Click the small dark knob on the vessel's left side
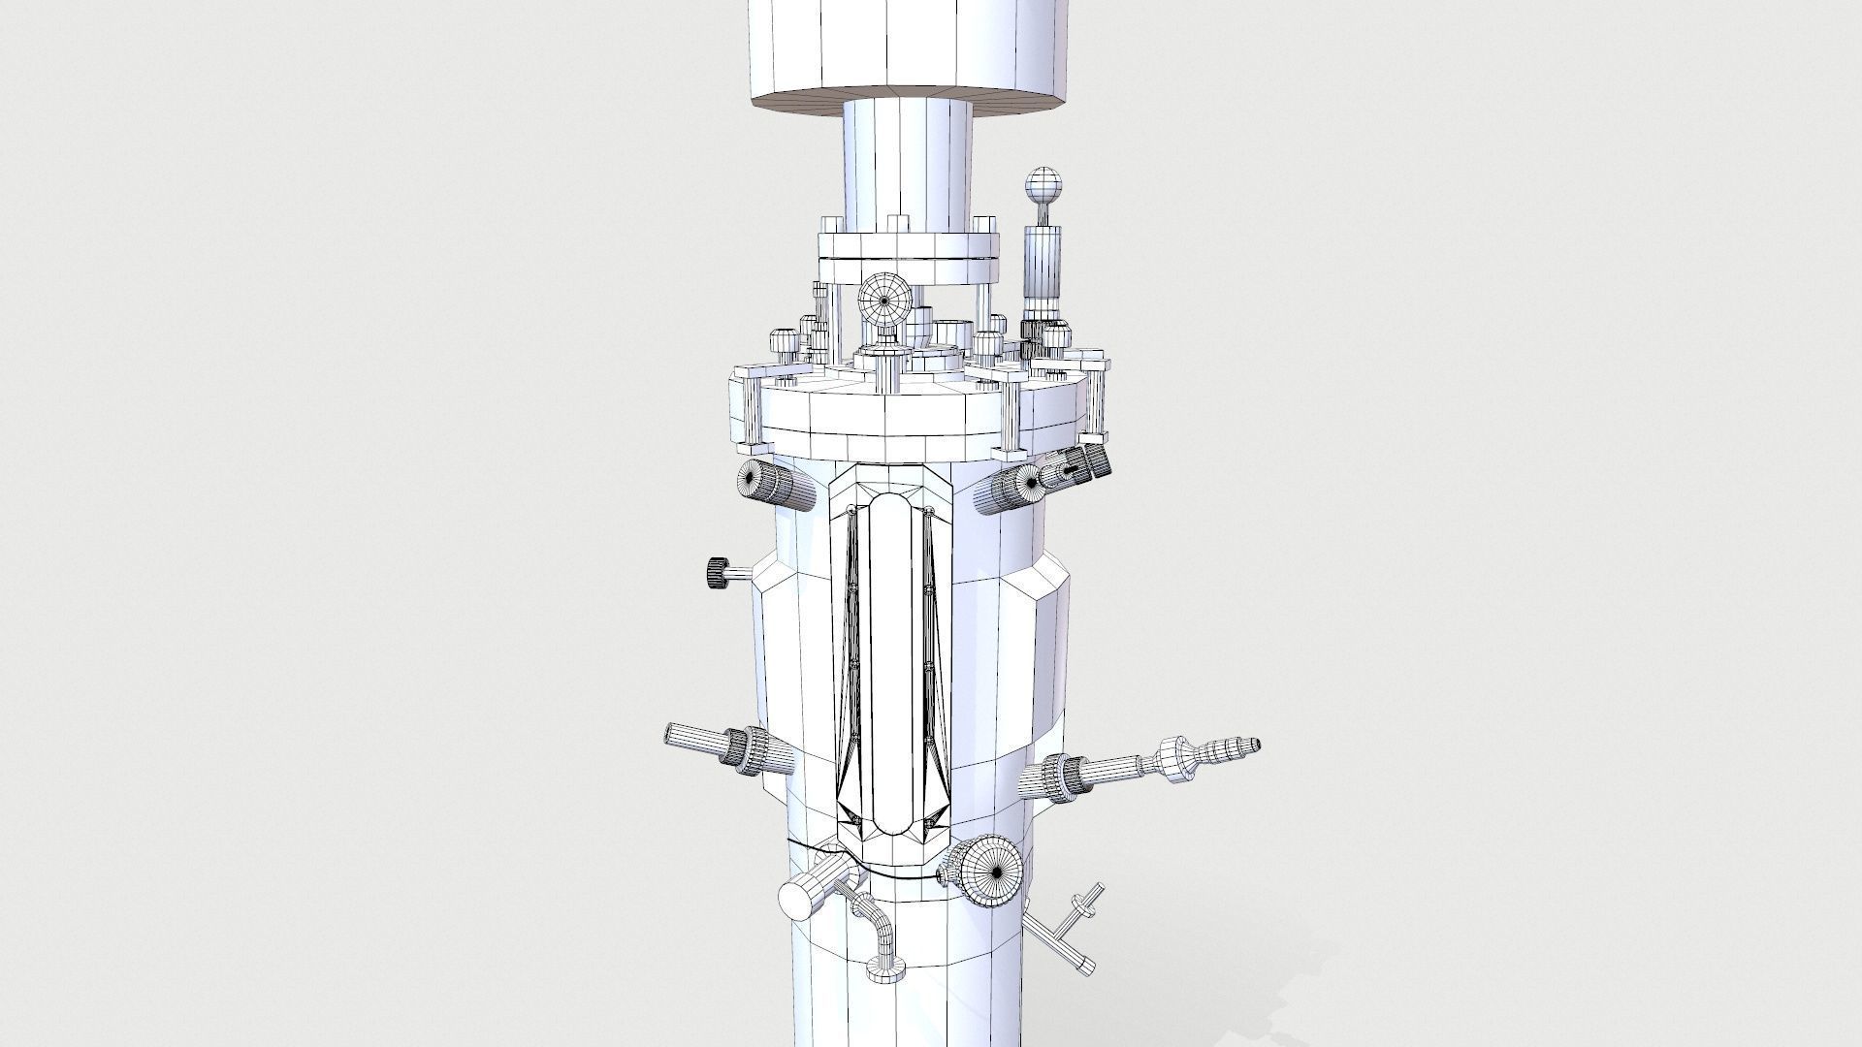click(x=719, y=572)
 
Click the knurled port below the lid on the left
click(x=766, y=483)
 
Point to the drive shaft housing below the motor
click(x=906, y=165)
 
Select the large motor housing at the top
click(x=911, y=48)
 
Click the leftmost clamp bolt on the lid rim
click(x=753, y=407)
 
